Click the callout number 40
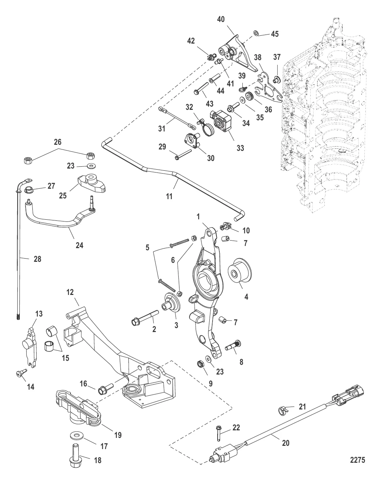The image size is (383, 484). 221,19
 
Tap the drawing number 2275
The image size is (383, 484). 357,460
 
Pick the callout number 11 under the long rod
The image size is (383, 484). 169,197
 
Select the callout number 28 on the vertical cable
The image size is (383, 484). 37,259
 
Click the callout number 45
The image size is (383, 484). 275,34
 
